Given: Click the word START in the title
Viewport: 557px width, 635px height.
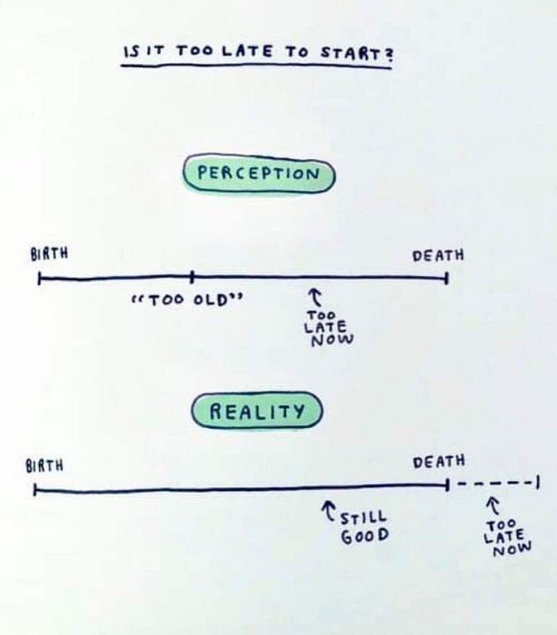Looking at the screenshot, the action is [353, 54].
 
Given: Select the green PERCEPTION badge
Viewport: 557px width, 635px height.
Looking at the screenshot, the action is [259, 173].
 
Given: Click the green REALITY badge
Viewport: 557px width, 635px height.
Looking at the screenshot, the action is [257, 411].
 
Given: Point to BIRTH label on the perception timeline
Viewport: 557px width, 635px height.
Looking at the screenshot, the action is [49, 254].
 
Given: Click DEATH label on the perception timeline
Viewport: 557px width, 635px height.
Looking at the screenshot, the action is [438, 255].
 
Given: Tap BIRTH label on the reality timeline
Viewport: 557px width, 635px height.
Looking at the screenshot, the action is [45, 466].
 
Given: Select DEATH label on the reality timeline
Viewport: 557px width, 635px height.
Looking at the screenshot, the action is [438, 462].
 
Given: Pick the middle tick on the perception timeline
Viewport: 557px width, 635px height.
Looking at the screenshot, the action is [192, 277].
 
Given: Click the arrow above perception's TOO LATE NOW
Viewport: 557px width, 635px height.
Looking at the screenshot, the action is [315, 297].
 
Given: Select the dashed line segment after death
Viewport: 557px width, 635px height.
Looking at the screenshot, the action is [493, 483].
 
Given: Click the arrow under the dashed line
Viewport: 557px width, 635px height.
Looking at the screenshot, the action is [492, 505].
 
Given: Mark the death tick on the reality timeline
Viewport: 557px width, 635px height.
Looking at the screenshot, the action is [447, 484].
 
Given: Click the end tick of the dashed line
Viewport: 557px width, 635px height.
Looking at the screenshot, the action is [539, 482].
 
